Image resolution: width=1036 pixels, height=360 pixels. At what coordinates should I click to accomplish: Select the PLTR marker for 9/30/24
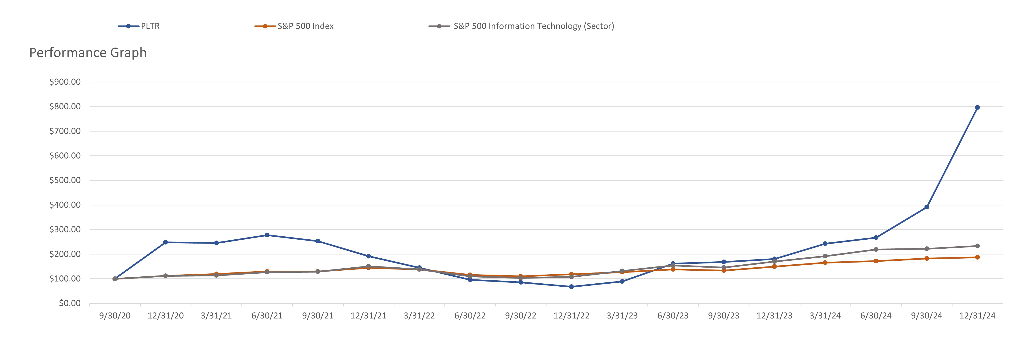point(926,207)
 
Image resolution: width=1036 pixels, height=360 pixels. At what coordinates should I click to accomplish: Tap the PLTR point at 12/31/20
point(165,242)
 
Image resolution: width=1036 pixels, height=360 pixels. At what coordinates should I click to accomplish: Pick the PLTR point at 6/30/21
point(267,235)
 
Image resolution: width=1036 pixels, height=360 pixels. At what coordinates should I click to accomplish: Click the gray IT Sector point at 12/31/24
point(977,246)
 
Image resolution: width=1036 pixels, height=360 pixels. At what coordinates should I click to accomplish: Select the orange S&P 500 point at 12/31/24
point(977,257)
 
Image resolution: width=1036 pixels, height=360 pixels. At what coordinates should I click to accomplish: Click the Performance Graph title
point(88,53)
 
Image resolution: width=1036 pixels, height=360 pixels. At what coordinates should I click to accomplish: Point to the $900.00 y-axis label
point(65,82)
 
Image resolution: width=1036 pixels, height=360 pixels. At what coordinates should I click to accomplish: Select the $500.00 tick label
point(65,180)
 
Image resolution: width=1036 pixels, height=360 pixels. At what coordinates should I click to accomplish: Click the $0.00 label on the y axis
point(70,303)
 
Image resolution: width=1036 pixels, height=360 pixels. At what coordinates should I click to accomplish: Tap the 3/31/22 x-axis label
point(419,316)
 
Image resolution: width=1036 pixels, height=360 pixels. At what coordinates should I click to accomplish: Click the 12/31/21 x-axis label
point(368,316)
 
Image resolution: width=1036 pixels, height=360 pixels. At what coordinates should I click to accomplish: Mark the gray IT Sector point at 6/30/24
point(876,249)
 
